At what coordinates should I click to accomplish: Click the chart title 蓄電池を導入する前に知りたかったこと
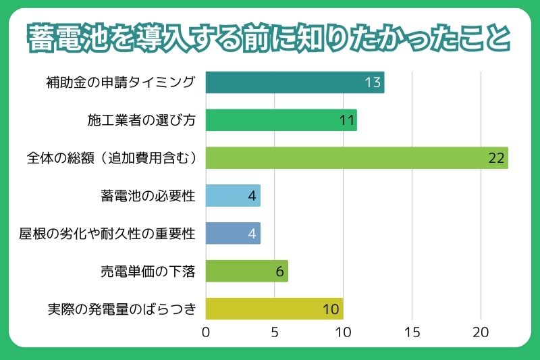[x=269, y=38]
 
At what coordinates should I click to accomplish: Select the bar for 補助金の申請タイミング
[x=294, y=82]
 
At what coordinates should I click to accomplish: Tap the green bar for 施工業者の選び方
[x=281, y=120]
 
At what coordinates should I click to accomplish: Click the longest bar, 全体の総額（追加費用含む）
[x=356, y=158]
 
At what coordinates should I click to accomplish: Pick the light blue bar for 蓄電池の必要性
[x=232, y=196]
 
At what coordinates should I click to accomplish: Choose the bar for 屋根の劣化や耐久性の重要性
[x=232, y=233]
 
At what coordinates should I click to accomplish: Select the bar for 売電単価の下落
[x=246, y=271]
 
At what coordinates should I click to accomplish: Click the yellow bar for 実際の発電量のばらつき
[x=274, y=309]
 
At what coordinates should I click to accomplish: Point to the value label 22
[x=496, y=158]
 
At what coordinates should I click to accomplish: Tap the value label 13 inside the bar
[x=373, y=82]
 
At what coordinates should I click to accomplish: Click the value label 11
[x=346, y=120]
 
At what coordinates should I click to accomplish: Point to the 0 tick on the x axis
[x=205, y=332]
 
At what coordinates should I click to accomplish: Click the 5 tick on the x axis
[x=275, y=332]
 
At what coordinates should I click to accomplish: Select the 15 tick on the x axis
[x=412, y=332]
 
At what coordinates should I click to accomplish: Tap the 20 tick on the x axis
[x=481, y=332]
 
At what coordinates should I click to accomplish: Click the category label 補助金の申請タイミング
[x=120, y=82]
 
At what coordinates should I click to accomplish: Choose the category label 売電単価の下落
[x=146, y=272]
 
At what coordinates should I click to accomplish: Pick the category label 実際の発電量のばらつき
[x=122, y=309]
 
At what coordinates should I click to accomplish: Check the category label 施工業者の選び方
[x=141, y=120]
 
